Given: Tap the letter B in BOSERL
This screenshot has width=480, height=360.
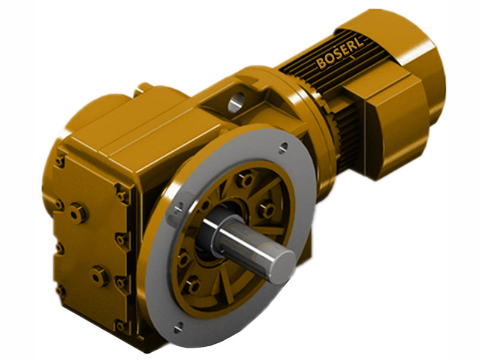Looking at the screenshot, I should (x=320, y=64).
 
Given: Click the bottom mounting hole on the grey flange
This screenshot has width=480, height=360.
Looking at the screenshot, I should (x=178, y=327).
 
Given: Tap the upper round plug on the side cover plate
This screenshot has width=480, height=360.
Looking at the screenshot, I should (x=77, y=212).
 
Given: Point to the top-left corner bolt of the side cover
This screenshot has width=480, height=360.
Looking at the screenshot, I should (x=60, y=161).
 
